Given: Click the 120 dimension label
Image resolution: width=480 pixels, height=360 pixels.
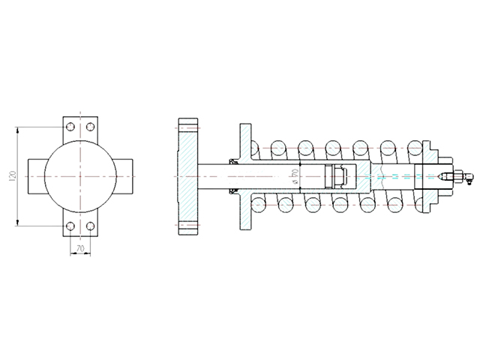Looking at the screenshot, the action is [x=13, y=176].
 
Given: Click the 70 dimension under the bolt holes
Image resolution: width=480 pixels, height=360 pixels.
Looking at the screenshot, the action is [x=80, y=248].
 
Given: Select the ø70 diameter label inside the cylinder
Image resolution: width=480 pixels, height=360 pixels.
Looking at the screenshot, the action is [x=295, y=176].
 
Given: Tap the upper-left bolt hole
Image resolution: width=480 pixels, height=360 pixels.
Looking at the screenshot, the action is [x=70, y=127].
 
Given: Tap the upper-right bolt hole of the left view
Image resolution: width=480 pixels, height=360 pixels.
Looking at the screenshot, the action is [x=90, y=127].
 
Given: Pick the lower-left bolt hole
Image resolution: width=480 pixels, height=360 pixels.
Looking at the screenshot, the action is [x=70, y=226].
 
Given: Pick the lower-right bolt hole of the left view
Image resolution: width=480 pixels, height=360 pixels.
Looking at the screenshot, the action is [x=90, y=226].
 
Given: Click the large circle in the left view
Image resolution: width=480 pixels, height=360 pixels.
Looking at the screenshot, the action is [x=45, y=176].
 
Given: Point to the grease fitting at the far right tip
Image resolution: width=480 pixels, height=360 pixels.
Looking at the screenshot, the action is [x=462, y=178].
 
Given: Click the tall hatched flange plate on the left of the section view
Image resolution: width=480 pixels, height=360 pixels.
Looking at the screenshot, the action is [x=188, y=176].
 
